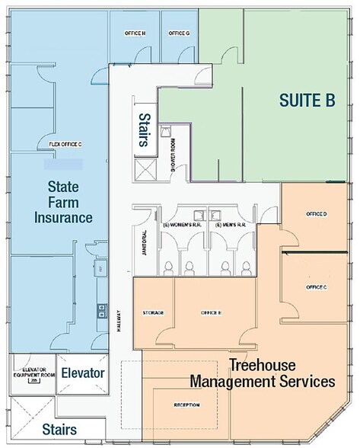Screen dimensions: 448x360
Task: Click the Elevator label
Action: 82,373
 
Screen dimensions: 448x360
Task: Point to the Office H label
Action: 135,34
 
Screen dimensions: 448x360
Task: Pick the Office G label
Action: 179,34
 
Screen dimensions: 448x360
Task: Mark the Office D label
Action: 316,213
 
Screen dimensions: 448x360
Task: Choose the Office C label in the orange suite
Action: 316,286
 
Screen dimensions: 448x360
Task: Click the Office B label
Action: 211,313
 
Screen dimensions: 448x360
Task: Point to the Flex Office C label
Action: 65,143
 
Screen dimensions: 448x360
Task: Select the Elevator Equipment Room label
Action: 32,373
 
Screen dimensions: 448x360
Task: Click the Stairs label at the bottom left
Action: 59,430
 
